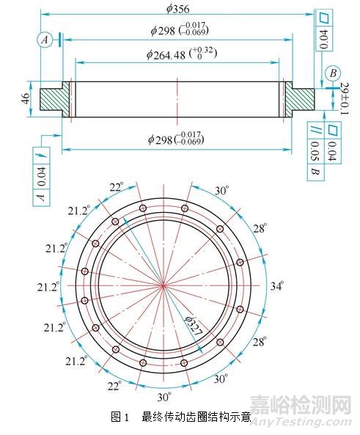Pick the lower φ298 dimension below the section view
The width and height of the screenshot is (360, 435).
coord(176,138)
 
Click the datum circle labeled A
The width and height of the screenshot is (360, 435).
coord(46,41)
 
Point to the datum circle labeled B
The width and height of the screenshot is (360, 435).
coord(333,73)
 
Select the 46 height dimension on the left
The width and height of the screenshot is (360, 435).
coord(24,98)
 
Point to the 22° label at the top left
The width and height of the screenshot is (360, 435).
coord(115,187)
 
